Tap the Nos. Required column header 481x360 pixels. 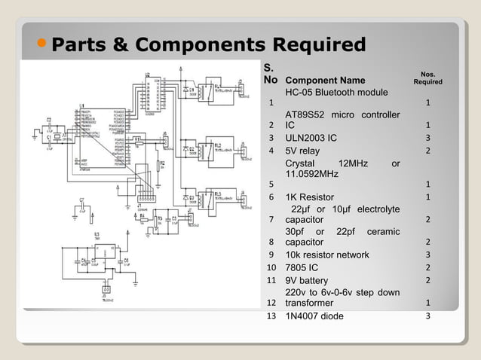[x=427, y=78]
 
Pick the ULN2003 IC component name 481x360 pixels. [x=311, y=138]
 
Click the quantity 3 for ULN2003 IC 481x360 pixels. [x=427, y=138]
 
